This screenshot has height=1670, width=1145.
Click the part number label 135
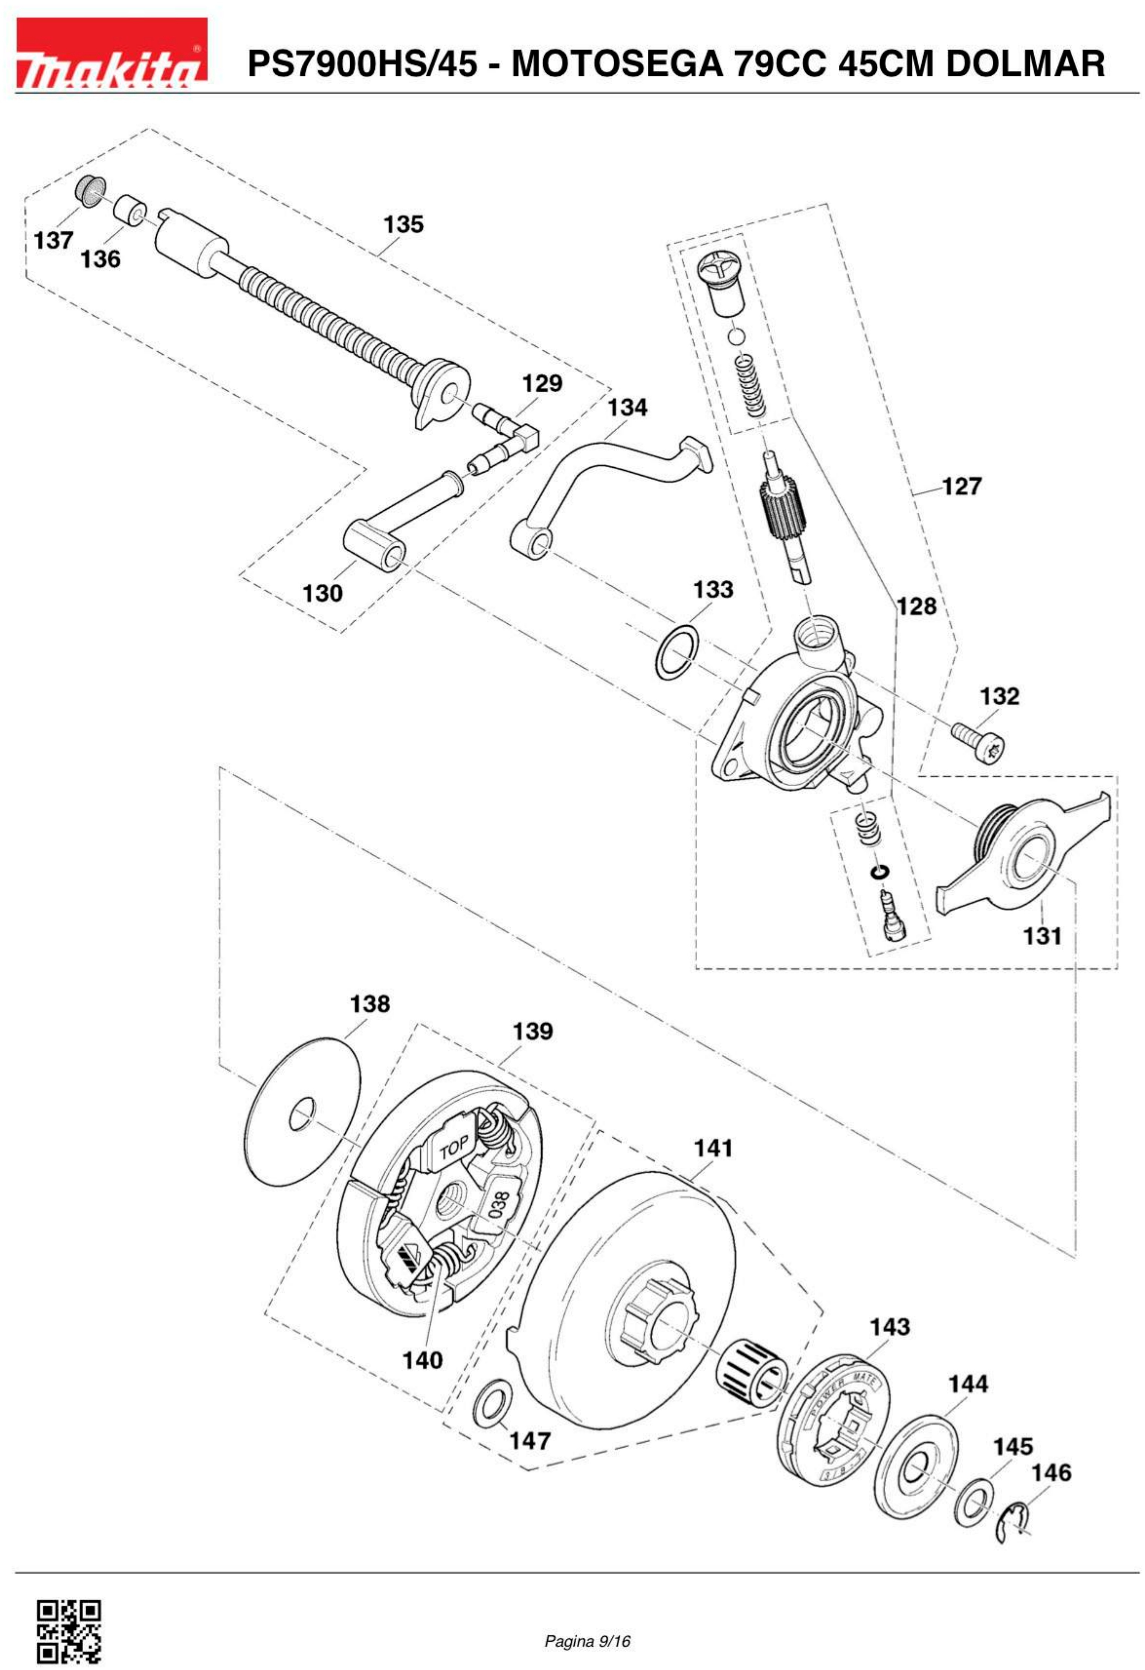(x=403, y=224)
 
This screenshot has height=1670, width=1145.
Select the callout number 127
(x=961, y=487)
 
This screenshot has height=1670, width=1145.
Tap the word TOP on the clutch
(x=454, y=1148)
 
